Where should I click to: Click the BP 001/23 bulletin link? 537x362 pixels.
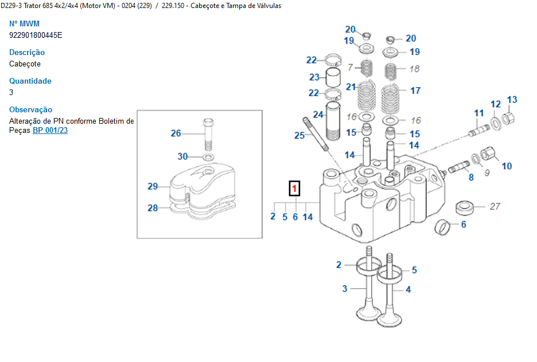pyautogui.click(x=50, y=131)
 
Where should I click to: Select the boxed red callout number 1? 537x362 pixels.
pyautogui.click(x=294, y=188)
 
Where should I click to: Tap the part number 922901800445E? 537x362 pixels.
pyautogui.click(x=36, y=35)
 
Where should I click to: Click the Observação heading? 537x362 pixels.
pyautogui.click(x=31, y=109)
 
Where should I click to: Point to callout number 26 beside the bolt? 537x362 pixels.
pyautogui.click(x=176, y=133)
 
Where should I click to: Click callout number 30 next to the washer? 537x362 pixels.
pyautogui.click(x=182, y=156)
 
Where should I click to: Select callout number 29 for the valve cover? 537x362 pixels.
pyautogui.click(x=153, y=186)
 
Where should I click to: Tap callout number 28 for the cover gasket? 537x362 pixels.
pyautogui.click(x=153, y=208)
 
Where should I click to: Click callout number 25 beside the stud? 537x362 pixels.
pyautogui.click(x=299, y=136)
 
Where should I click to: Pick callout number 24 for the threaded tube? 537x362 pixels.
pyautogui.click(x=318, y=115)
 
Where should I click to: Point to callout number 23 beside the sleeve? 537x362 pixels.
pyautogui.click(x=314, y=77)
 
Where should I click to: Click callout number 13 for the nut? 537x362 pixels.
pyautogui.click(x=512, y=100)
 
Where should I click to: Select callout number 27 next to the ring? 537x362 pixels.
pyautogui.click(x=495, y=207)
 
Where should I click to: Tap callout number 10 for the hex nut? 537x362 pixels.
pyautogui.click(x=507, y=166)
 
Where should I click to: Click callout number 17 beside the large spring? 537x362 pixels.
pyautogui.click(x=415, y=91)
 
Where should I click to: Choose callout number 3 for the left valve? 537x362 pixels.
pyautogui.click(x=345, y=289)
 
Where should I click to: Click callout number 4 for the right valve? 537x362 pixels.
pyautogui.click(x=408, y=290)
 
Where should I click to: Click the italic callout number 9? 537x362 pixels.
pyautogui.click(x=487, y=171)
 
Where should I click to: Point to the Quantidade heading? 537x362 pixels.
pyautogui.click(x=30, y=81)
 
